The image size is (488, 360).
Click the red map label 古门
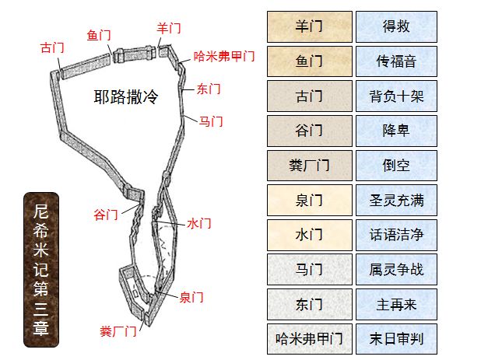coord(52,47)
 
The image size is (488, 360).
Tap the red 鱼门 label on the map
coord(99,35)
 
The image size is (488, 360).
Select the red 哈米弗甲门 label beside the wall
coord(224,57)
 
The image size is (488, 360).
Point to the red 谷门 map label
coord(106,214)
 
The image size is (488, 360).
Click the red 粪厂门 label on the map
coord(118,331)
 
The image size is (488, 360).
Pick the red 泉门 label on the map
coord(191,297)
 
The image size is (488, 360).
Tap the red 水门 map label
coord(199,223)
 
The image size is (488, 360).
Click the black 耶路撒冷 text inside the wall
coord(126,97)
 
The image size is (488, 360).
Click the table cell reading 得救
coord(396,27)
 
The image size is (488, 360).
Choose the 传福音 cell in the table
coord(396,62)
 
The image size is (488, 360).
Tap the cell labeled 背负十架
coord(396,96)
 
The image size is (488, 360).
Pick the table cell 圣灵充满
coord(396,201)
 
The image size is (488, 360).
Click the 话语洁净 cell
coord(396,235)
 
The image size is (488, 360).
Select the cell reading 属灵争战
coord(396,270)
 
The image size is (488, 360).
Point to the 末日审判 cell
coord(396,339)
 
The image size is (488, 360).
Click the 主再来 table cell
coord(396,304)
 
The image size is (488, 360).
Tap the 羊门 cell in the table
coord(309,27)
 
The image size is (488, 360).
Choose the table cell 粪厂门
coord(309,166)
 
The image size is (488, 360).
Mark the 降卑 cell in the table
coord(396,131)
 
